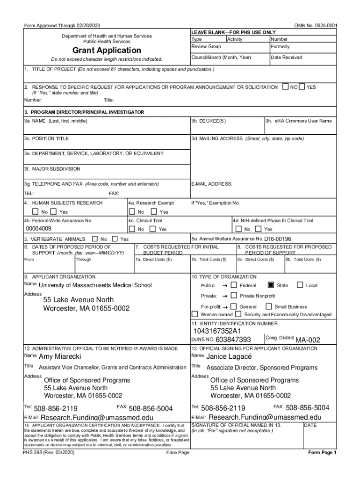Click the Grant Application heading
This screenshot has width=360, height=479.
click(x=107, y=50)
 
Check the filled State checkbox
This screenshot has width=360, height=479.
click(x=271, y=285)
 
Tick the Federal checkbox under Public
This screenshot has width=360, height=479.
click(x=233, y=285)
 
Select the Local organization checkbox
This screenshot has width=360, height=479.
click(x=301, y=285)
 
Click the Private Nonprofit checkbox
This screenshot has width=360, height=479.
click(x=233, y=296)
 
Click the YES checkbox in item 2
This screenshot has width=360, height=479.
click(x=302, y=87)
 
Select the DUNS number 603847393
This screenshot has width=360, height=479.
click(x=233, y=340)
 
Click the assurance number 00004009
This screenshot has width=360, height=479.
click(x=39, y=229)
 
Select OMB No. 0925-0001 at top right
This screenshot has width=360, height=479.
click(x=316, y=25)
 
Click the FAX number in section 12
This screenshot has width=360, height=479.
click(x=151, y=408)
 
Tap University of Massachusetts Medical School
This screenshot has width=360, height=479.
click(x=95, y=285)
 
